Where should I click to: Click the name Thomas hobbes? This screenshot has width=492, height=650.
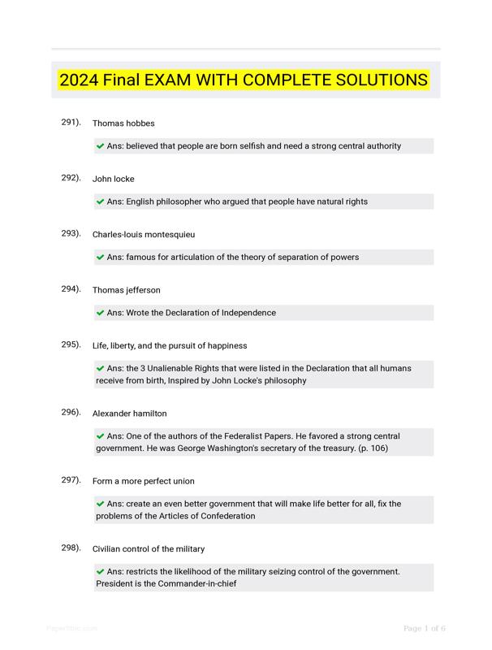123,123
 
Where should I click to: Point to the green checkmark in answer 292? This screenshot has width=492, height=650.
101,201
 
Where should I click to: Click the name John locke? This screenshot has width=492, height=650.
114,179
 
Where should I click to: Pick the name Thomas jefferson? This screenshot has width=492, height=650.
127,290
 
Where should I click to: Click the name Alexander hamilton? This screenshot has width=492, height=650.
130,414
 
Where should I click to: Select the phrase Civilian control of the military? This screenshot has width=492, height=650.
149,549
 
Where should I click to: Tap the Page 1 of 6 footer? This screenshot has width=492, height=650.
425,628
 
